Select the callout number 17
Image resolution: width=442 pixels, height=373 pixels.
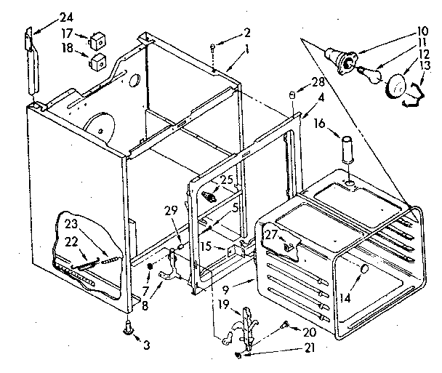tap(66, 33)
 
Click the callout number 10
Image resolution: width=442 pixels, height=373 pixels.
tap(423, 32)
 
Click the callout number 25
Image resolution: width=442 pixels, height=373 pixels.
tap(227, 179)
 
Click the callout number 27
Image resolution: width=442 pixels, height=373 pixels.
tap(272, 233)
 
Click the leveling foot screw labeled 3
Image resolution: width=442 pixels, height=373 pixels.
tap(129, 331)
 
